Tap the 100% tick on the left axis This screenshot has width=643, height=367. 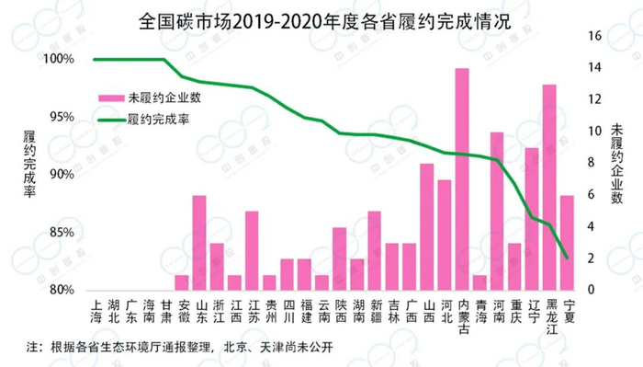58,59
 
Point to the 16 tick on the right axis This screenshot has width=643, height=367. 593,35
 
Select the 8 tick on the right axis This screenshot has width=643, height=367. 593,163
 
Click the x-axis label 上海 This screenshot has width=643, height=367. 95,310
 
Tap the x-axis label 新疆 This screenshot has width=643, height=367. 375,310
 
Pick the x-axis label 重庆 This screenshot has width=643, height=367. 514,310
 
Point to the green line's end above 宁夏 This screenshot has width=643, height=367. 567,257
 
